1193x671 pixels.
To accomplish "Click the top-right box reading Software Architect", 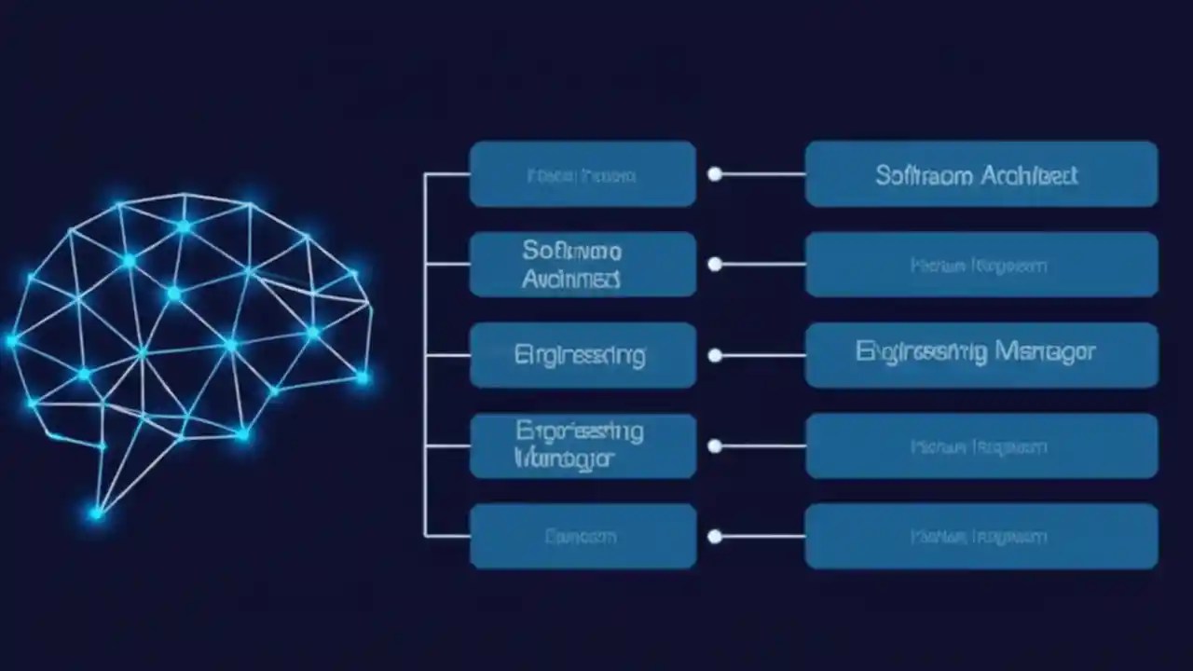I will [x=981, y=174].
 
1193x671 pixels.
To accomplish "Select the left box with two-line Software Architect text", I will [x=583, y=265].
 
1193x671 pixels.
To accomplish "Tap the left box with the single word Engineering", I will [x=583, y=355].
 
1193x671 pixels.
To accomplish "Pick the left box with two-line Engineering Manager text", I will [x=583, y=445].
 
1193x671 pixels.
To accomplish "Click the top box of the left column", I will [x=583, y=174].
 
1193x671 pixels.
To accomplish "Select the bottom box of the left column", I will [x=583, y=536].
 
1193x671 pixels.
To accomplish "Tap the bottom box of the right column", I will [x=981, y=536].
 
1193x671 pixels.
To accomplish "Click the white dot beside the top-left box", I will [x=715, y=174].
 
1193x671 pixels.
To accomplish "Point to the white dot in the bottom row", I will [x=715, y=537].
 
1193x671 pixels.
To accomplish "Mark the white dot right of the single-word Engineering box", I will [x=715, y=355].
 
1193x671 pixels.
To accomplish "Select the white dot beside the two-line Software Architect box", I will [x=715, y=265].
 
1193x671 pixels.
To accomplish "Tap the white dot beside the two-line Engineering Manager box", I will [x=715, y=446].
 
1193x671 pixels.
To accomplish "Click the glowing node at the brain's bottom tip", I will [x=96, y=513].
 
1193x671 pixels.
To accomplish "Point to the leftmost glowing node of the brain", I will [x=12, y=341].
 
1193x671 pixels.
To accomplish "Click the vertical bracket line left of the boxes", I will [x=425, y=355].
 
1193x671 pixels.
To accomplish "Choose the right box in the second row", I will [x=981, y=265].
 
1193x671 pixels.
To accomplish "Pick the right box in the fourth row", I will [x=981, y=445].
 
